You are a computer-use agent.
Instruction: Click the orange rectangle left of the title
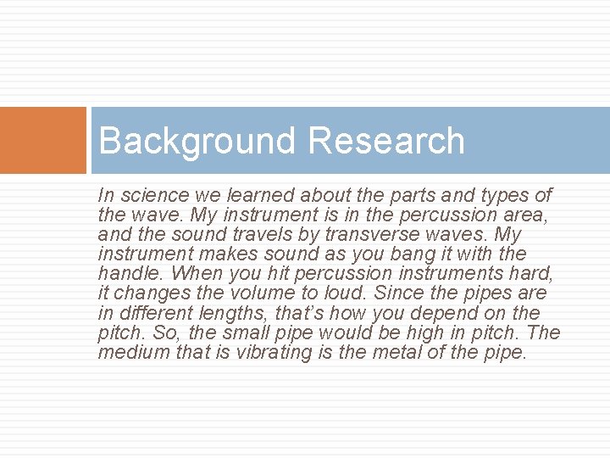click(43, 140)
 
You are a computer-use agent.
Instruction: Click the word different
click(151, 313)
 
